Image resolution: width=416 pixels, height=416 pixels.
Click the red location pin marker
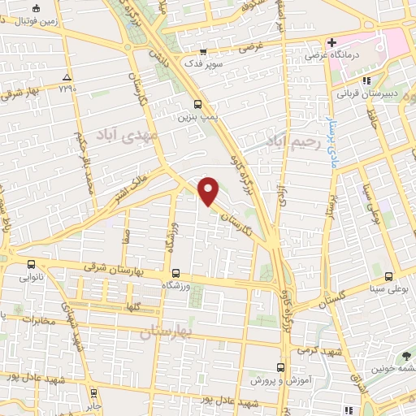[209, 191]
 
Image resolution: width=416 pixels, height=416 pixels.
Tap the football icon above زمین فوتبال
[35, 8]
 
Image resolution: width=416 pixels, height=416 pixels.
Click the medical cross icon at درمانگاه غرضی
[332, 42]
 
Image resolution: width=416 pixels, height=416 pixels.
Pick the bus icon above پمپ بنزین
[198, 103]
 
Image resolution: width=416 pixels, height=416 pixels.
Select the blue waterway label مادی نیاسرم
[332, 129]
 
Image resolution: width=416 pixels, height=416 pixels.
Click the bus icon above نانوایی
[31, 263]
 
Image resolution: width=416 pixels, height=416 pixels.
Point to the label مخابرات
[37, 318]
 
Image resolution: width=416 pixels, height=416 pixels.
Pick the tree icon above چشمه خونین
[405, 355]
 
